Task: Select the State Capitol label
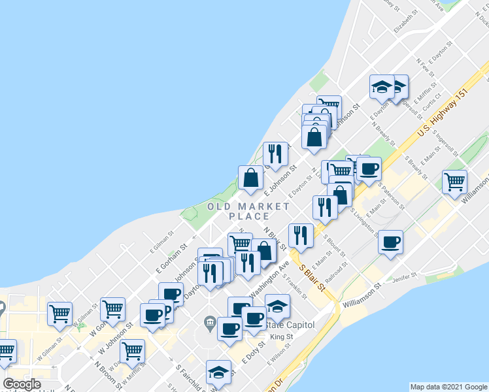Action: pyautogui.click(x=292, y=325)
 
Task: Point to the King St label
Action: pyautogui.click(x=282, y=337)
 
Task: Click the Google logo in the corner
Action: pyautogui.click(x=22, y=384)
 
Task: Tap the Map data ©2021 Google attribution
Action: pyautogui.click(x=448, y=387)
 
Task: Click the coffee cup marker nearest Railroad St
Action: pyautogui.click(x=390, y=242)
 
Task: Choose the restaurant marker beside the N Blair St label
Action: pyautogui.click(x=300, y=235)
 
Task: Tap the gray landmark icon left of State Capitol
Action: pyautogui.click(x=210, y=321)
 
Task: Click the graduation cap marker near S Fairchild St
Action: pyautogui.click(x=218, y=372)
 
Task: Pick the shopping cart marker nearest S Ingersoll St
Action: pyautogui.click(x=455, y=181)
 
